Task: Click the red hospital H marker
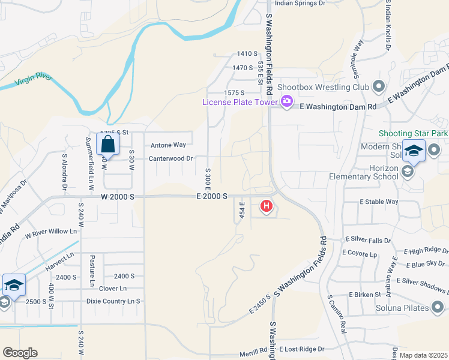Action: pos(267,208)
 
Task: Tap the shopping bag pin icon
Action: pos(107,145)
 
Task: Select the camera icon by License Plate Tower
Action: pos(286,101)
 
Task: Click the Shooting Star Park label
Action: pos(414,133)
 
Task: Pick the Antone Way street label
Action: pos(168,145)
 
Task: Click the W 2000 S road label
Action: pos(117,196)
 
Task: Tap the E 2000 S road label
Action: pos(211,196)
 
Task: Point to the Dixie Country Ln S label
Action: pos(113,301)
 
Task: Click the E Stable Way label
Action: pos(379,202)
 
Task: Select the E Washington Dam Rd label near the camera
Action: pos(337,106)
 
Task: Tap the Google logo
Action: pos(20,352)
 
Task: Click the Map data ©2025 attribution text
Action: pos(423,355)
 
